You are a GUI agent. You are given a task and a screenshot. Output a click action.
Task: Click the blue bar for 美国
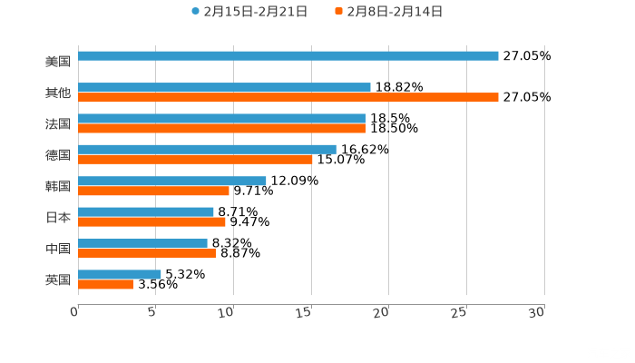click(x=288, y=56)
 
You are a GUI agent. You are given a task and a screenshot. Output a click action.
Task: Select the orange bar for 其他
click(x=288, y=98)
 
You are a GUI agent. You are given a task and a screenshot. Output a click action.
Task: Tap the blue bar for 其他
click(x=224, y=88)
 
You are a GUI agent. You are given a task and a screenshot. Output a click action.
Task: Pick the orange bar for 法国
click(x=221, y=129)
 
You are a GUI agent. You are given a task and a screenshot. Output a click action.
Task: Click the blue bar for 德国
click(x=207, y=149)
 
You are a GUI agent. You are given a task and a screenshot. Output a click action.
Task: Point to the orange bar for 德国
click(x=195, y=160)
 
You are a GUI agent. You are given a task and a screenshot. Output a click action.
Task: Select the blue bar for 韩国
click(x=172, y=181)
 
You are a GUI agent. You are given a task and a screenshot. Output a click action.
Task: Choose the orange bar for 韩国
click(x=153, y=191)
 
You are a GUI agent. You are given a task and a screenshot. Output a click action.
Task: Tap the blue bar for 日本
click(x=146, y=212)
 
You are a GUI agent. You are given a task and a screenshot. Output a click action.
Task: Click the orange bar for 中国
click(x=147, y=254)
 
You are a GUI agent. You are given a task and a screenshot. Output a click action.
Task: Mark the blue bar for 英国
click(x=120, y=274)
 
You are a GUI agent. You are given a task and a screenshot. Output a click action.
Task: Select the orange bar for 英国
click(x=105, y=285)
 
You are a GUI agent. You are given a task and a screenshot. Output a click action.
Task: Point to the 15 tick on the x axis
click(x=310, y=312)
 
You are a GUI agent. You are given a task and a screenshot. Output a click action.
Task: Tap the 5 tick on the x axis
click(x=154, y=312)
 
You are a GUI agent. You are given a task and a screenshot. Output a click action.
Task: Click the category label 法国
click(x=58, y=123)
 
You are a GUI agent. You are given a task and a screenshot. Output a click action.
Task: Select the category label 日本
click(x=58, y=218)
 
